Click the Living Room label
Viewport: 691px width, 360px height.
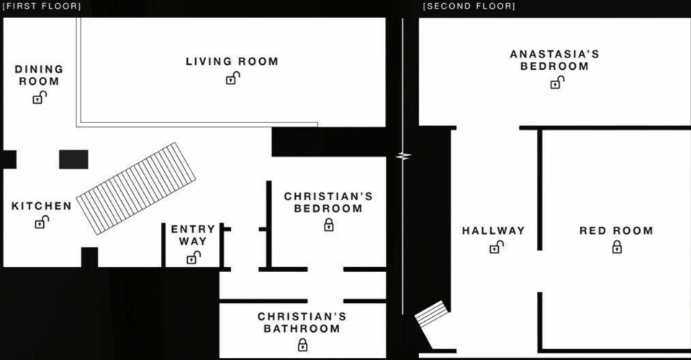232,61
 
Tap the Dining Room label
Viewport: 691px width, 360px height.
39,76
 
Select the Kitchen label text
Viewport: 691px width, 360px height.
42,206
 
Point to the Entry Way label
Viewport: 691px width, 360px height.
193,235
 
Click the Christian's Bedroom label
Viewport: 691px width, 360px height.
328,202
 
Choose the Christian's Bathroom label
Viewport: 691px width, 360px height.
302,323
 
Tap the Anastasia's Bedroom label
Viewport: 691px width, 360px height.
554,60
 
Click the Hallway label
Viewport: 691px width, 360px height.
494,230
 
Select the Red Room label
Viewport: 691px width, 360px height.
616,230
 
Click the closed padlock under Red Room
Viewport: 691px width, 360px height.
617,247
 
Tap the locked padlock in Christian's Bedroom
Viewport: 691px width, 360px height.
329,225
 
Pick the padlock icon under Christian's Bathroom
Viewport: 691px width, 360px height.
302,345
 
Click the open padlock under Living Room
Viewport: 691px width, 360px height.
232,78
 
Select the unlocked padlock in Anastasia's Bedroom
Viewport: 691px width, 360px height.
557,82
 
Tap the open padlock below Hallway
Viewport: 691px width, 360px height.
496,247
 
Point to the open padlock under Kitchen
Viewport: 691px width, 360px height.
42,222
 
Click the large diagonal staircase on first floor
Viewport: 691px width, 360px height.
136,188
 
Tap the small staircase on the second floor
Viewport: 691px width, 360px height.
431,313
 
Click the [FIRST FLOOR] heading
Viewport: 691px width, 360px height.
42,6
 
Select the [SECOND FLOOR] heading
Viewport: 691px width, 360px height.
469,6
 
